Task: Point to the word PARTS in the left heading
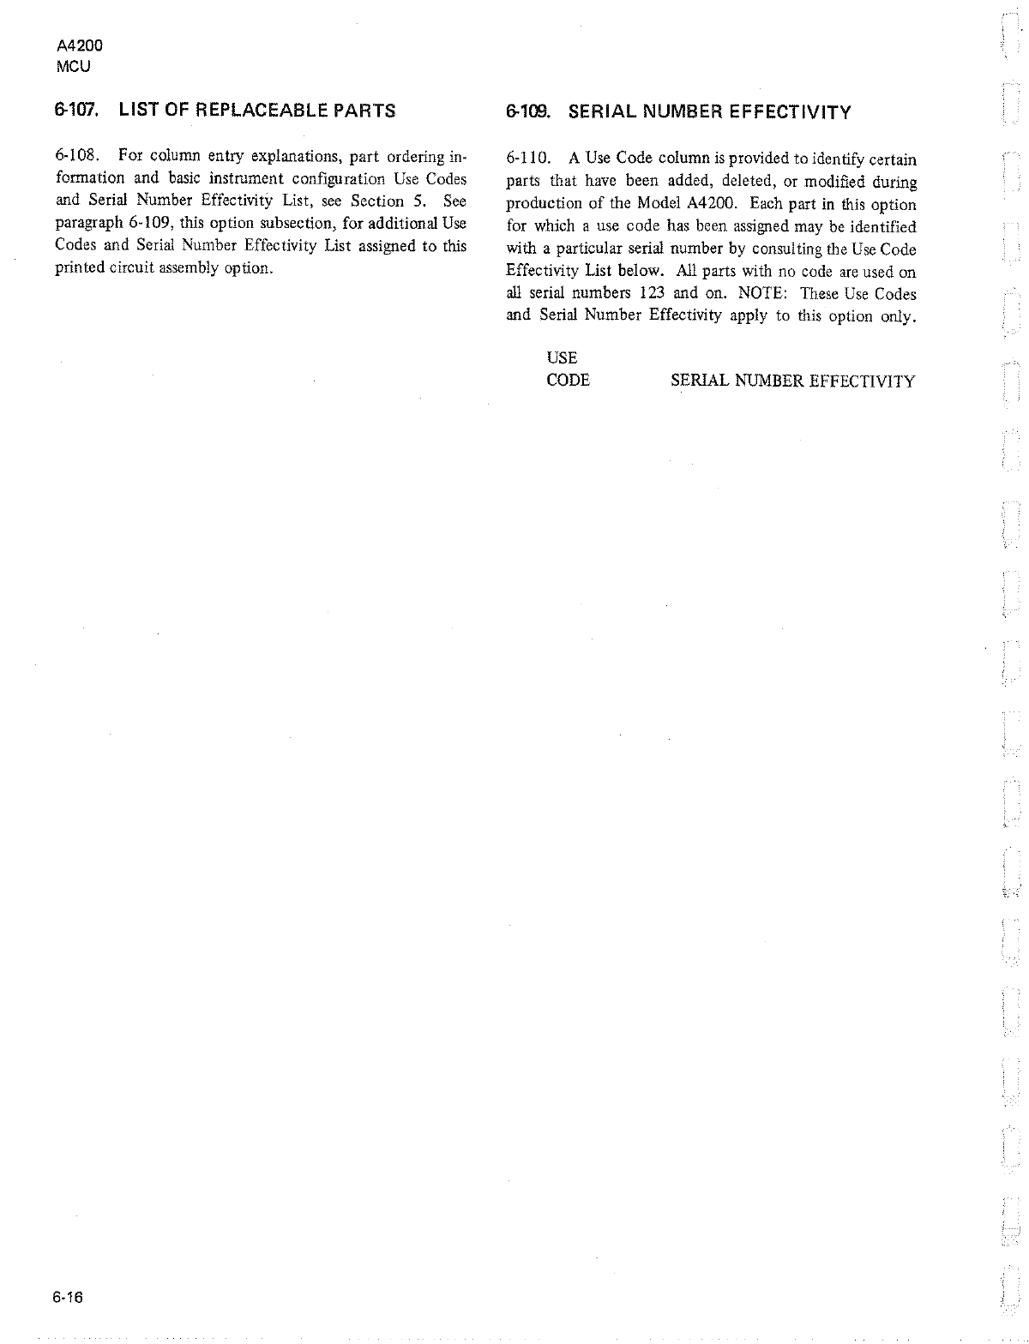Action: click(364, 110)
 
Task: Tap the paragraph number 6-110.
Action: click(529, 160)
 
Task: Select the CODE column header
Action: click(568, 381)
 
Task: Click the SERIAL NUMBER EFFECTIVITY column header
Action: click(792, 381)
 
